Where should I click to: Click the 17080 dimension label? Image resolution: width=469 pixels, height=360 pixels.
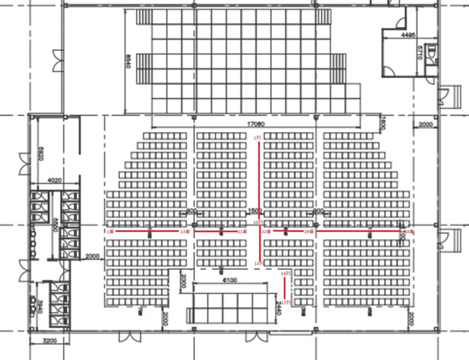point(256,123)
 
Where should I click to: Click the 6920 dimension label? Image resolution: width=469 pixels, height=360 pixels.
point(41,153)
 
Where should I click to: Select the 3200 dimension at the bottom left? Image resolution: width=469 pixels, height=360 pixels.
point(49,341)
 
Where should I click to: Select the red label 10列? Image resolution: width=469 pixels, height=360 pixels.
point(259,222)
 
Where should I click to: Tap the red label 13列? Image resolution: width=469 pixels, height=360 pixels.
point(259,263)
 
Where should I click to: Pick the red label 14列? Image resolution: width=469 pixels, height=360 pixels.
point(285,273)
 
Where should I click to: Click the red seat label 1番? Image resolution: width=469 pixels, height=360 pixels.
point(110,232)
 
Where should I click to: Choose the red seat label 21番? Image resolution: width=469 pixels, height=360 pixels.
point(242,232)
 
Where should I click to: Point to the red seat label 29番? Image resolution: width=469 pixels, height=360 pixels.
point(309,232)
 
